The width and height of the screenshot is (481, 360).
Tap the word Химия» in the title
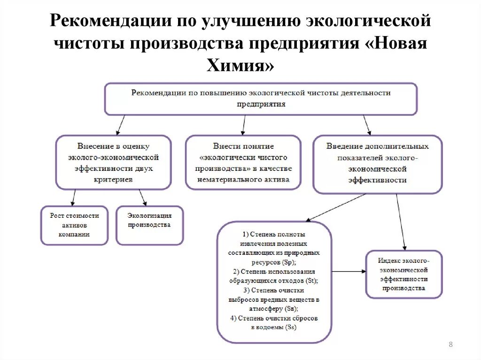[240, 65]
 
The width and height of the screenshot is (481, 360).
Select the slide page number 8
[450, 345]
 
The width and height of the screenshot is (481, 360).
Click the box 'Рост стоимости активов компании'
[74, 225]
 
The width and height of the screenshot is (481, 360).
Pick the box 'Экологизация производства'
[149, 225]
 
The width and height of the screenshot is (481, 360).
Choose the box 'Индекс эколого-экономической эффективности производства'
[404, 274]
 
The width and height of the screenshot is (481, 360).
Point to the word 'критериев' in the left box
[113, 179]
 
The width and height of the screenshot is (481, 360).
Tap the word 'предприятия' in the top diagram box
[261, 104]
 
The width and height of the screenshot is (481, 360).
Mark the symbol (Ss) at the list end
[290, 327]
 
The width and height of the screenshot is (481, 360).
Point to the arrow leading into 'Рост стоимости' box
[73, 198]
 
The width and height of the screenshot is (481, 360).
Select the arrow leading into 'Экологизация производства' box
[143, 198]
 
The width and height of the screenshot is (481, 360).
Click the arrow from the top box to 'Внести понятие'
[243, 125]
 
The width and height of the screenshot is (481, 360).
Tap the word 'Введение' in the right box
[341, 146]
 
